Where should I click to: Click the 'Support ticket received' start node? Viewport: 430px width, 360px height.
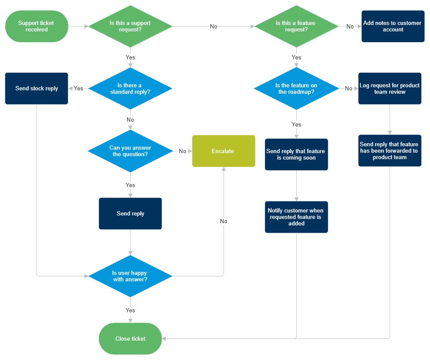click(x=37, y=26)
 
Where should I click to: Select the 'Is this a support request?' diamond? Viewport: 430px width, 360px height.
click(x=131, y=26)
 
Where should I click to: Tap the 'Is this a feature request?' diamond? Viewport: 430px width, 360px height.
click(x=296, y=26)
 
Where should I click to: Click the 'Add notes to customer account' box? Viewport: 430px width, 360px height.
click(x=393, y=26)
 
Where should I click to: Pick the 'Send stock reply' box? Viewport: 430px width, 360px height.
click(x=37, y=88)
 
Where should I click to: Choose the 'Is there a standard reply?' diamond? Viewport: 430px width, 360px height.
click(x=130, y=89)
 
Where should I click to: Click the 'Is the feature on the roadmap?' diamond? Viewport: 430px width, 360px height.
click(x=296, y=89)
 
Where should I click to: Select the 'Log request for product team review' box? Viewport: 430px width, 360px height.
click(x=390, y=89)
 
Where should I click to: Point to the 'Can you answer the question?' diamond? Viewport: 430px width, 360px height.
click(x=130, y=151)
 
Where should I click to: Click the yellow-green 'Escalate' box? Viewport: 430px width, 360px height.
click(x=223, y=151)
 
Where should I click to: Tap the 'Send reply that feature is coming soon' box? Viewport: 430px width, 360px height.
click(x=296, y=154)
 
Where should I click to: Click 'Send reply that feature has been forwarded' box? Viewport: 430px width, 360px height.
click(x=390, y=151)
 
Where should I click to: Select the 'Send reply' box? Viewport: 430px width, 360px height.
click(x=130, y=213)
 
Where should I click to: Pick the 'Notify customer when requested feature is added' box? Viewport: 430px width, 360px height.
click(x=296, y=217)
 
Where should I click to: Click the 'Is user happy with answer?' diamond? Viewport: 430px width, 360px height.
click(x=130, y=276)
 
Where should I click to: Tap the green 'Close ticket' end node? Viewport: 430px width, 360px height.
click(x=130, y=338)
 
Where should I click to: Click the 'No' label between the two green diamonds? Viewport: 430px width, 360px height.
click(x=214, y=26)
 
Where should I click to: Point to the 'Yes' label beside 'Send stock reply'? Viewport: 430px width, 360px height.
click(x=78, y=88)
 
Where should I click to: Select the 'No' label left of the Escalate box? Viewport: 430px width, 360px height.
click(x=182, y=151)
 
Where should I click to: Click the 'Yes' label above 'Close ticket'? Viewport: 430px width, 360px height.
click(x=130, y=310)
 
